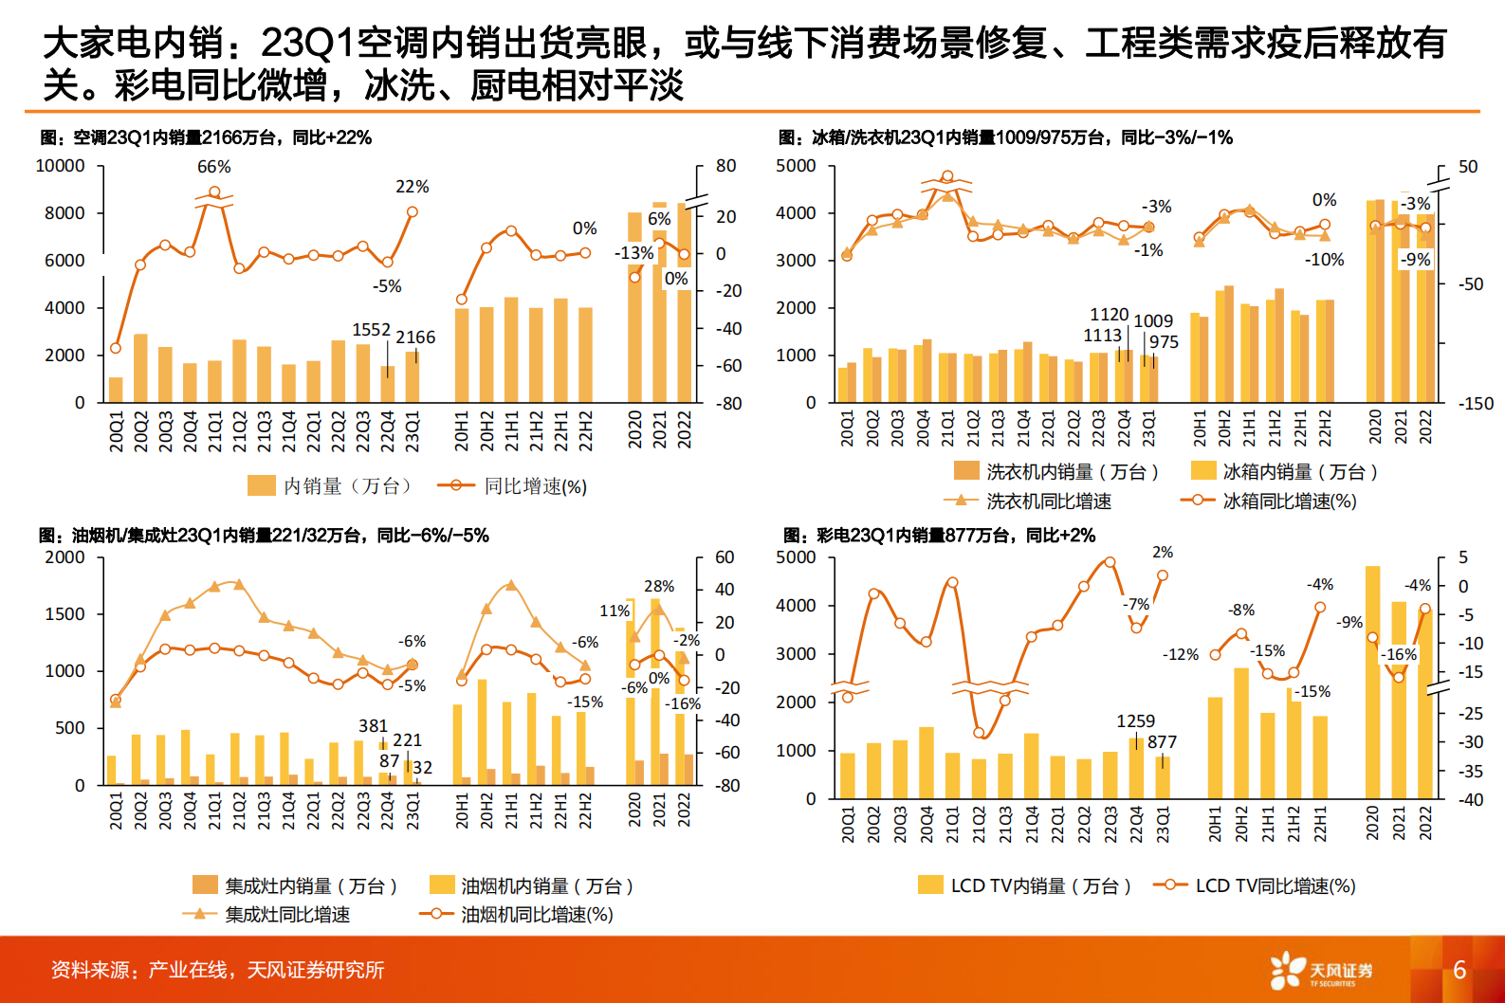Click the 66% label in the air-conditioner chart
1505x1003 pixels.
[x=213, y=167]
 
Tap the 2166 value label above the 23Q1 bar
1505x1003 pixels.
[x=415, y=337]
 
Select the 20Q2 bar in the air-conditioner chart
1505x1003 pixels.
[x=140, y=368]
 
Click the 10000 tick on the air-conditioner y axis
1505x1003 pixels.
[x=60, y=166]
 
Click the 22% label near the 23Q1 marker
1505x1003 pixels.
[x=412, y=187]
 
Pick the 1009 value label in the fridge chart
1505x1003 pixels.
[x=1153, y=321]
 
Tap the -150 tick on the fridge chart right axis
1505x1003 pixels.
[x=1475, y=404]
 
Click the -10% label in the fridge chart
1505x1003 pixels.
[x=1324, y=260]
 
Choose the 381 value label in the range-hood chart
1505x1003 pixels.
[x=373, y=726]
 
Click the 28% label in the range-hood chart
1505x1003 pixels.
[x=659, y=587]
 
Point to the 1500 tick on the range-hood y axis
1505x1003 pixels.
[x=64, y=614]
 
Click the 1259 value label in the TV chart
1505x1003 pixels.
[x=1135, y=721]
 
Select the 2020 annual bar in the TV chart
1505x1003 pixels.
[x=1372, y=682]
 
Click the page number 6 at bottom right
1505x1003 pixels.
[x=1459, y=970]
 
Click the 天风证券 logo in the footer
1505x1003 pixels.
[x=1322, y=971]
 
